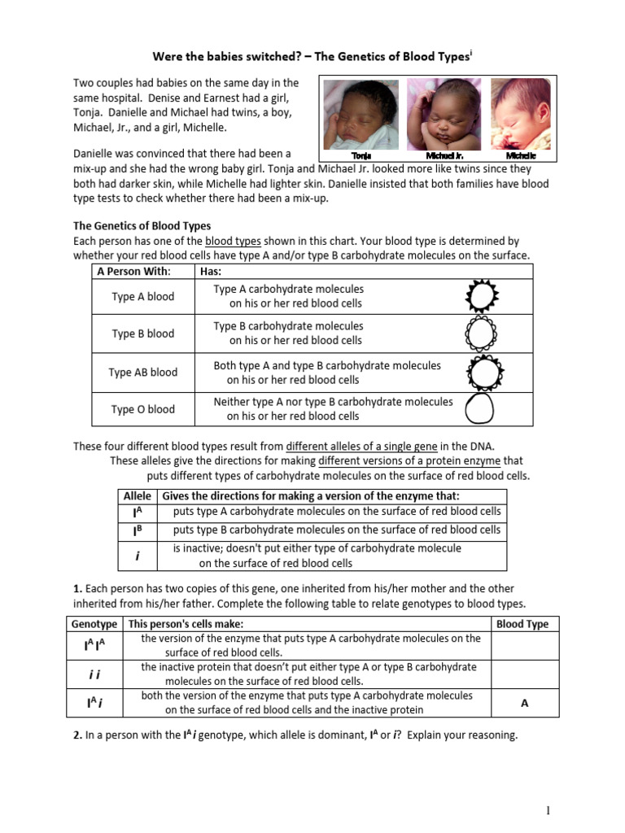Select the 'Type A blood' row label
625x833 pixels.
point(143,297)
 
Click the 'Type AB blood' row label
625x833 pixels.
point(143,373)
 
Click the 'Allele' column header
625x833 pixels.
point(137,496)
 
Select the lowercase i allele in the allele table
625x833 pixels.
point(138,556)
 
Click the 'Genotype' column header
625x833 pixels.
point(94,624)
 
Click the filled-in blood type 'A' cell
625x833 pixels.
point(525,704)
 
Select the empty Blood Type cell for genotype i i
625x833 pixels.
point(525,674)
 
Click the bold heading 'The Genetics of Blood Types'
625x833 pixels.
point(142,225)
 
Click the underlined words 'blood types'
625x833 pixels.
point(230,242)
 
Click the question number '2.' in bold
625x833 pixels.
point(78,735)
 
